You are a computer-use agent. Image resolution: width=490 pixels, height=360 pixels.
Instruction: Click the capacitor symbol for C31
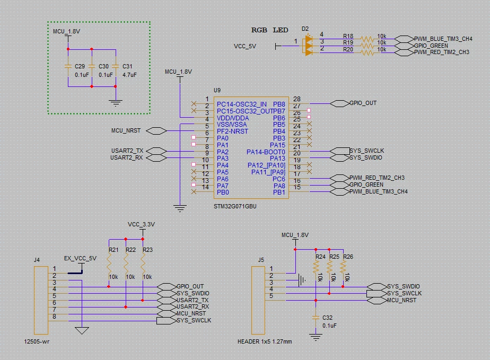click(115, 66)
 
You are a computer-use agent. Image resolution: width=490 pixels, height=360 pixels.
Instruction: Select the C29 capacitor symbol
click(68, 66)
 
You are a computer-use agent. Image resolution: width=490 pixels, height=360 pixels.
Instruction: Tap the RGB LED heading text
click(270, 30)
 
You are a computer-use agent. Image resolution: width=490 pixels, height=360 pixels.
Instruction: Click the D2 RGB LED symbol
click(309, 46)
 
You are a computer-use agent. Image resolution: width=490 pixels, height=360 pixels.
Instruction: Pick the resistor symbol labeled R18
click(367, 39)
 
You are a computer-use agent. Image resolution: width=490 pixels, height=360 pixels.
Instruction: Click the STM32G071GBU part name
click(235, 207)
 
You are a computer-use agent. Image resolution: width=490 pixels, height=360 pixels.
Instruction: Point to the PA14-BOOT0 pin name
click(266, 152)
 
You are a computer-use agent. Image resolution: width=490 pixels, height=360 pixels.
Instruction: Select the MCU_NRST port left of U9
click(156, 131)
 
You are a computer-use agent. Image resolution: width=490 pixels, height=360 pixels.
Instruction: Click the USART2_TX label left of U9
click(127, 151)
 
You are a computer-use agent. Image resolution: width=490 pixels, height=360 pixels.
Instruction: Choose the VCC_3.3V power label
click(141, 224)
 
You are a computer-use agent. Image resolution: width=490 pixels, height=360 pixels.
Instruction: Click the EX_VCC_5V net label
click(80, 258)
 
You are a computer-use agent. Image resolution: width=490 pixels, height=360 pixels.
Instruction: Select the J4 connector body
click(41, 300)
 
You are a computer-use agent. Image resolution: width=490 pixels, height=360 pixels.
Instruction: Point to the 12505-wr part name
click(37, 341)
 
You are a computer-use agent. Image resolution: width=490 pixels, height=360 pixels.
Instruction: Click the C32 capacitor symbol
click(316, 318)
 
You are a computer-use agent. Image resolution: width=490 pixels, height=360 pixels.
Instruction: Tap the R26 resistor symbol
click(343, 268)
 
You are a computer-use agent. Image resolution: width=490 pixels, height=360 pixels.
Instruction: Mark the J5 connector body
click(258, 300)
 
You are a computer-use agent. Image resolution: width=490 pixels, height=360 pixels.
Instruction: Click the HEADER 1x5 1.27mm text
click(265, 341)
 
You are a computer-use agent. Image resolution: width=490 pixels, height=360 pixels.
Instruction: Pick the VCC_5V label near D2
click(245, 46)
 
